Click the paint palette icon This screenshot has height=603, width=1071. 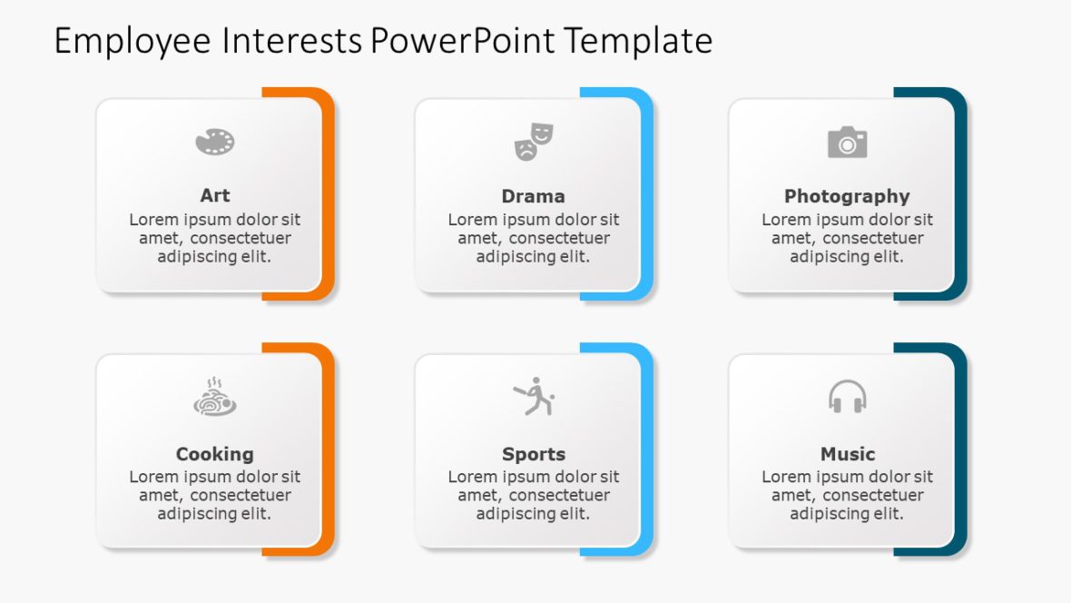point(215,142)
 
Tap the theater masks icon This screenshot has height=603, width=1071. point(534,143)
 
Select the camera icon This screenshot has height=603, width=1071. point(847,143)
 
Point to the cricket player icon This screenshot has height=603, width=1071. point(534,397)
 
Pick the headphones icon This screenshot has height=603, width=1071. point(847,397)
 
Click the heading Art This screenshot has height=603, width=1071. point(215,195)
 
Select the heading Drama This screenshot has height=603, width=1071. point(533,196)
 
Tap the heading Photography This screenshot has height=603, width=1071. point(847,196)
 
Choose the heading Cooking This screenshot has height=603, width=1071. point(215,454)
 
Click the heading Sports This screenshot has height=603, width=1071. point(534,454)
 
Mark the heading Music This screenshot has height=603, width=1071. point(848,454)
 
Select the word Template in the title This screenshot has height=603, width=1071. point(637,42)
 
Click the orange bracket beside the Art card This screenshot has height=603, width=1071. point(329,194)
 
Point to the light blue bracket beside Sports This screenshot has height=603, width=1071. point(647,450)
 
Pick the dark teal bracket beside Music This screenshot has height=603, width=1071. point(961,450)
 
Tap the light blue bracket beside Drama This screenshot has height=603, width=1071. point(647,194)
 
